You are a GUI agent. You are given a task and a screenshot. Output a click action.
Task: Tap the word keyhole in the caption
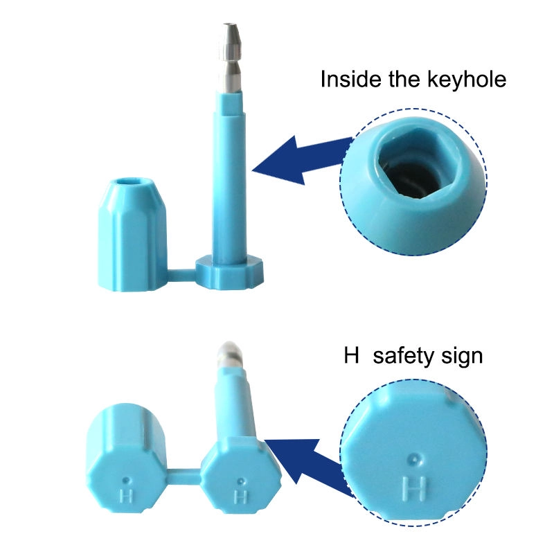click(x=467, y=80)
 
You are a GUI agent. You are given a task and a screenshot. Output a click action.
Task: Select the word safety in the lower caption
click(x=402, y=356)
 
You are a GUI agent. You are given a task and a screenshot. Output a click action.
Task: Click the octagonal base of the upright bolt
click(x=230, y=273)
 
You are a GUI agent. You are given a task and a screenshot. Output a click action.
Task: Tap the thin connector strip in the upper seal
click(x=181, y=276)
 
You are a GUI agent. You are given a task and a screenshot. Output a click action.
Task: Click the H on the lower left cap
click(x=126, y=495)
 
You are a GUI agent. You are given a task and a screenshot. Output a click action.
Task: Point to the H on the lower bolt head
click(x=240, y=497)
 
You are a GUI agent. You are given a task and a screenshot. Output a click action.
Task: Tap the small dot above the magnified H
click(x=414, y=460)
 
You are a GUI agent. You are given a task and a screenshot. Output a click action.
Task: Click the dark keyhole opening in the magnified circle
click(x=410, y=175)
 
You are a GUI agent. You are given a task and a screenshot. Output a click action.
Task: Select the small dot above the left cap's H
click(x=126, y=481)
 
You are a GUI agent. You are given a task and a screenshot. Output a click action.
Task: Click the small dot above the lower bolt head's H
click(x=240, y=481)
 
